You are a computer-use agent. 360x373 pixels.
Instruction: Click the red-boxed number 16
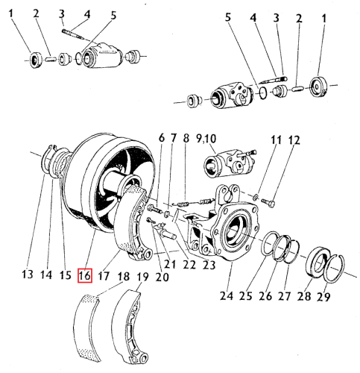(x=84, y=275)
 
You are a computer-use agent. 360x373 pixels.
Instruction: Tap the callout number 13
(x=28, y=275)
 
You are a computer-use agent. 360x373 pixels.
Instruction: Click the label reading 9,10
(x=225, y=139)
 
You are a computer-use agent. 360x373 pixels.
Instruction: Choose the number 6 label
(x=160, y=139)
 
